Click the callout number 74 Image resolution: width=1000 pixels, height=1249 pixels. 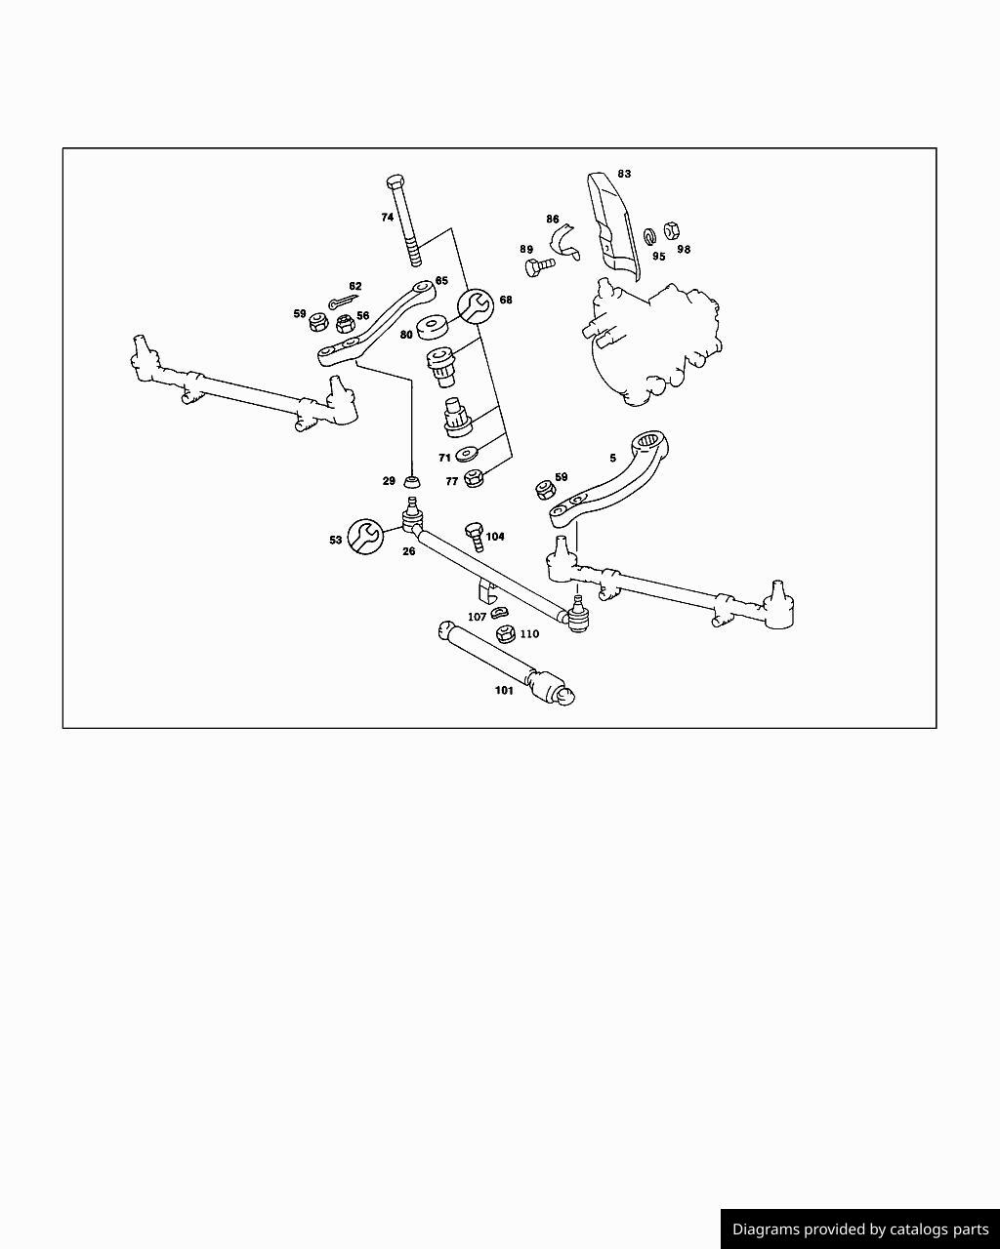(x=388, y=217)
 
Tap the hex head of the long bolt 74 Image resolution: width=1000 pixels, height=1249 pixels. (x=396, y=181)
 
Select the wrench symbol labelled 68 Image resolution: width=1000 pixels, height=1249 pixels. (x=476, y=305)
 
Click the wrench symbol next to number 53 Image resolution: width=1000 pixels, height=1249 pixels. (x=365, y=537)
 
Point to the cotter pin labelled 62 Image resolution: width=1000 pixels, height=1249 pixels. (x=343, y=302)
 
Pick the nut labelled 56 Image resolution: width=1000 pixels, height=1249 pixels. (x=345, y=323)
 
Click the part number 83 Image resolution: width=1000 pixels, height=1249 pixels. (x=624, y=174)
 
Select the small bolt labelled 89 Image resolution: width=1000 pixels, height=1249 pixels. (x=540, y=267)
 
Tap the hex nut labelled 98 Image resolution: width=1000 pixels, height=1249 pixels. (x=672, y=230)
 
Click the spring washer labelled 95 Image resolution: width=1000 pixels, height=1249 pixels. (x=649, y=235)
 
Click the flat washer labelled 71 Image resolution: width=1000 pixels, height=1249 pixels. (x=467, y=454)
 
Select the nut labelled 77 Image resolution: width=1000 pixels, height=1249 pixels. (x=475, y=478)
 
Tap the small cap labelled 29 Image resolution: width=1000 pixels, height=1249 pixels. (x=412, y=481)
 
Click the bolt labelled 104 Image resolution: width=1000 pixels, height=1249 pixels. (x=475, y=537)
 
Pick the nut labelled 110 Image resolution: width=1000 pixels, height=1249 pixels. (x=506, y=633)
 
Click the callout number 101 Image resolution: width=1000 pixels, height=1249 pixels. (x=504, y=690)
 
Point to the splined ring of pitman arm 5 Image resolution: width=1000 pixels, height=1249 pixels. (x=649, y=441)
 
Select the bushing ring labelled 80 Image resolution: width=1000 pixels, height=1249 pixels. (x=434, y=327)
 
